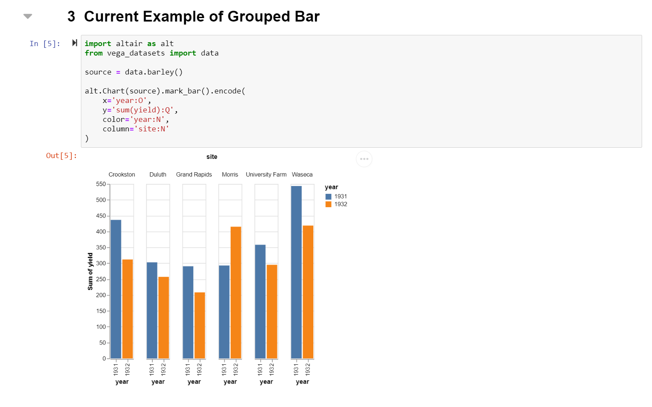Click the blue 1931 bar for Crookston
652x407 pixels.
tap(116, 289)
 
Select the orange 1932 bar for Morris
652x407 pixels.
tap(236, 292)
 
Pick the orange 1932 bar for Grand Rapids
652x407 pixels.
tap(200, 325)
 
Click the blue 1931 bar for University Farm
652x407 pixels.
tap(260, 301)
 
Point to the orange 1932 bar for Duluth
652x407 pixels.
tap(164, 317)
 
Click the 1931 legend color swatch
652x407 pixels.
tap(328, 196)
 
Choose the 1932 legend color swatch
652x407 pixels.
tap(328, 204)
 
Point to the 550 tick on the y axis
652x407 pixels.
tap(101, 184)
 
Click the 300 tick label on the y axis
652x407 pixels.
tap(101, 263)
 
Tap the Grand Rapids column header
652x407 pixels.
tap(194, 174)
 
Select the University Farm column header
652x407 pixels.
tap(266, 174)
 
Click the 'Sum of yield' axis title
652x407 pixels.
tap(90, 271)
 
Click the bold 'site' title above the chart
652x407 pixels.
tap(212, 157)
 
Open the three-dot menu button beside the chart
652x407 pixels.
tap(364, 159)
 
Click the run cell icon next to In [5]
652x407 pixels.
tap(74, 43)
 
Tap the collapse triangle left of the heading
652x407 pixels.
tap(28, 16)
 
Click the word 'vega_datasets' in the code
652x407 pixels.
tap(136, 53)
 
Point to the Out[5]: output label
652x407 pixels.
tap(62, 155)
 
